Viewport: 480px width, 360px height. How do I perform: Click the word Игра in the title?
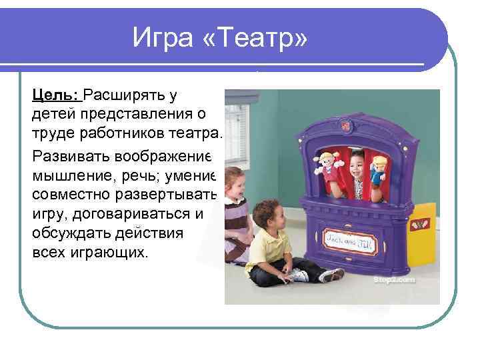[x=164, y=37]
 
